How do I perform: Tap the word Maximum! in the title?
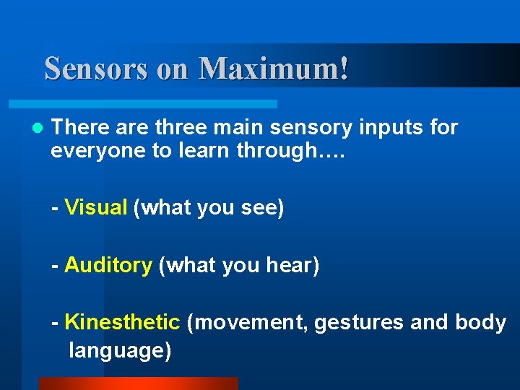pyautogui.click(x=274, y=69)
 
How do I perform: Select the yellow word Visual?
pyautogui.click(x=95, y=208)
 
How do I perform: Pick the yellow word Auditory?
pyautogui.click(x=108, y=265)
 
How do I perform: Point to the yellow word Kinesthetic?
pyautogui.click(x=122, y=322)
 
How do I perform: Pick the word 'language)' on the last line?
pyautogui.click(x=120, y=351)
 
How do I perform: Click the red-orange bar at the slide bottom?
pyautogui.click(x=137, y=383)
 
